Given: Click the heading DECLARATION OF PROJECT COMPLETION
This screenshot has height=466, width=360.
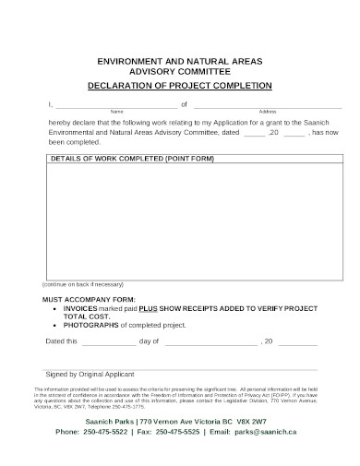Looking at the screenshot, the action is (x=179, y=85).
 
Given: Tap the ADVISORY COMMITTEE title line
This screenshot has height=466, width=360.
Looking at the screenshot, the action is (x=179, y=70).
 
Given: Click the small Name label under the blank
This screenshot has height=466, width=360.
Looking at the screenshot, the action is (x=117, y=112).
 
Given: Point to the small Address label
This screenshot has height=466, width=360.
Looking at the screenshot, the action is (x=268, y=112).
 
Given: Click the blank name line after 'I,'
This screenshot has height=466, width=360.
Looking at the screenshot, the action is (x=116, y=104).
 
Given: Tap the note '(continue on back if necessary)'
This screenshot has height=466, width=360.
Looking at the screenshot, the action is (x=82, y=283).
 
